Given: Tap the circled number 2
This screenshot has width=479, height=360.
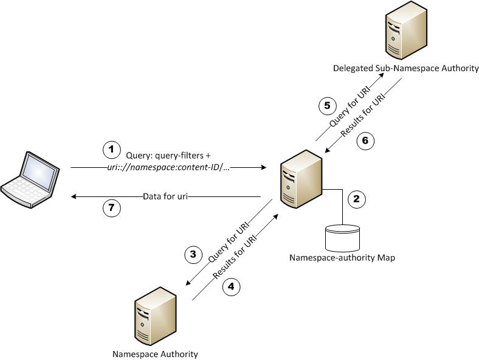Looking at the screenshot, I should click(356, 198).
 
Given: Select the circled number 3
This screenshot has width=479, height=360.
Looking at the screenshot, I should click(193, 255).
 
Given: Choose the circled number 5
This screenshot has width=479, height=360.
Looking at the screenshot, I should click(327, 106).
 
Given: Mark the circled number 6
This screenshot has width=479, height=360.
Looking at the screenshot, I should click(365, 140).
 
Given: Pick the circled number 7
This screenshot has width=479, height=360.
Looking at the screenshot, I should click(111, 208).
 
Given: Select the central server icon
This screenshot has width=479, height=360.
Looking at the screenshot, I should click(302, 180).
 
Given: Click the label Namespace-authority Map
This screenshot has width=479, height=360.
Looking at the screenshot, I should click(342, 258).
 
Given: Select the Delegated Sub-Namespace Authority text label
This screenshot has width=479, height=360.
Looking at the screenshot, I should click(405, 68).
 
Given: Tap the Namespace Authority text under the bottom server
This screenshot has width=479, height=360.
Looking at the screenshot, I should click(155, 354).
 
